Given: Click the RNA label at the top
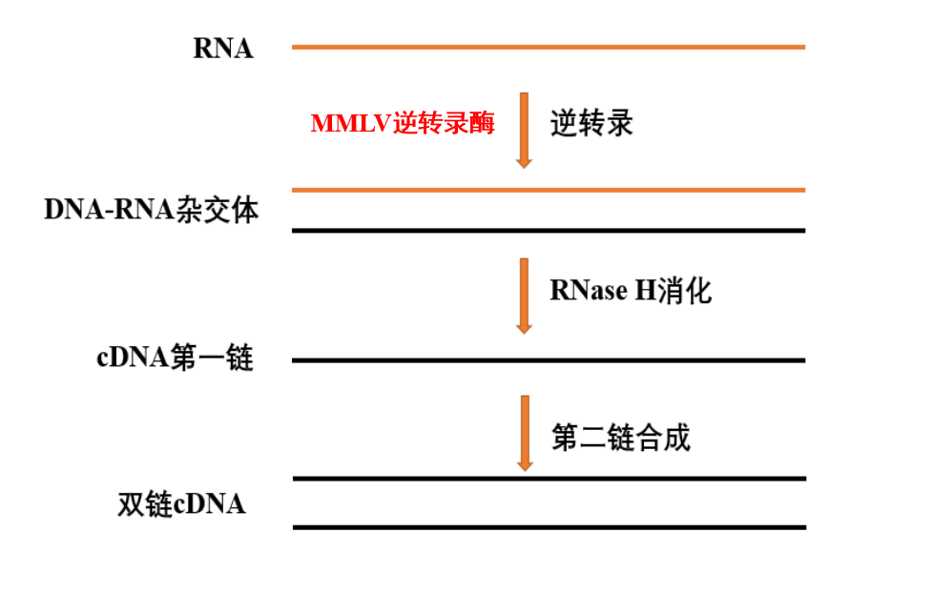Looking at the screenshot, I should (223, 49).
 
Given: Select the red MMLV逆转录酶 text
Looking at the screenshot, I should (403, 124).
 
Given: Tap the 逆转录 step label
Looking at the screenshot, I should (591, 124).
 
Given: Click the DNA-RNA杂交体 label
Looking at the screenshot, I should (151, 210).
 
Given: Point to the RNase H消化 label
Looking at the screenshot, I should (631, 291).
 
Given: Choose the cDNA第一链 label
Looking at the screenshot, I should (175, 359).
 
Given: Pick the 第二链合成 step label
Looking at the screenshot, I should (620, 438).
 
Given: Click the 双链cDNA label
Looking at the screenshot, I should (181, 503).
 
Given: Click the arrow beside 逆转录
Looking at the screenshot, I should (523, 130).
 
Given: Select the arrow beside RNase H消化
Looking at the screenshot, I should (523, 295).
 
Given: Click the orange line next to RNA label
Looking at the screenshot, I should (548, 47).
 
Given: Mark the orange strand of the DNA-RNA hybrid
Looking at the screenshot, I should (548, 190).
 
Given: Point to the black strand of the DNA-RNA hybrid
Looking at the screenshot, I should (548, 230).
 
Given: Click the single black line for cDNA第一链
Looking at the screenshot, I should (548, 360).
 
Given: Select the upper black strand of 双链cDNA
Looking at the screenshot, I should (548, 479).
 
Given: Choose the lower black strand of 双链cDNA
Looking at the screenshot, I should (548, 527).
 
